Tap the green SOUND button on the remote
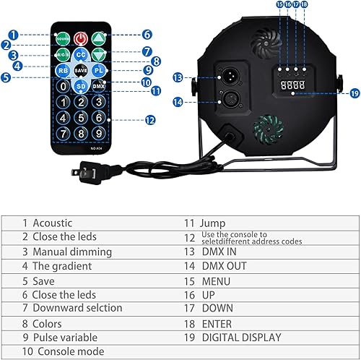64,37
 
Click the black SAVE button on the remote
81,71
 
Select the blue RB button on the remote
64,71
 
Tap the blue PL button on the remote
99,71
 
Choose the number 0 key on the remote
64,87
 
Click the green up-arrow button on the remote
99,37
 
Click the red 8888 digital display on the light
290,85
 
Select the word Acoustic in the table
53,223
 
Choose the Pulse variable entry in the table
66,337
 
